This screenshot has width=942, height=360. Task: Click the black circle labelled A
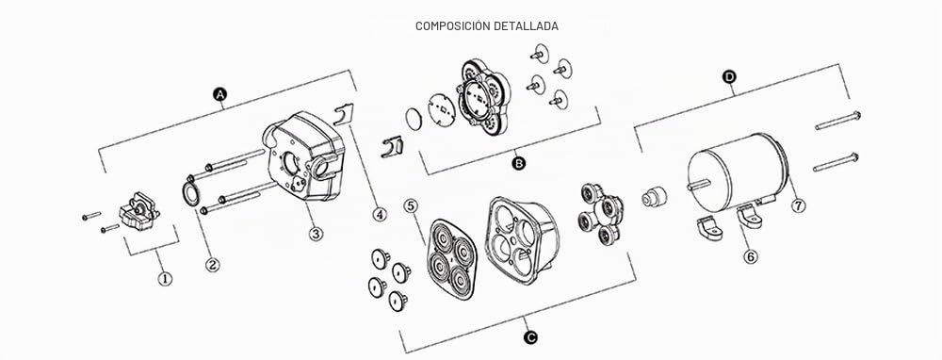point(220,93)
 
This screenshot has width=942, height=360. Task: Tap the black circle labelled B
point(518,162)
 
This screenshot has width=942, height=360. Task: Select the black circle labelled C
point(529,337)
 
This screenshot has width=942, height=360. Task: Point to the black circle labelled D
point(729,76)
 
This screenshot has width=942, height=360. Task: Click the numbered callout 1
point(165,278)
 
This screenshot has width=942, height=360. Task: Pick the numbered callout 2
point(212,265)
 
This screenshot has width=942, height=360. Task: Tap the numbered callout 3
point(316,233)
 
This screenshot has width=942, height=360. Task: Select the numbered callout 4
point(379,213)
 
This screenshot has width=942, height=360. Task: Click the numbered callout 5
point(411,206)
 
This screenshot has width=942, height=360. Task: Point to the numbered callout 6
point(751,256)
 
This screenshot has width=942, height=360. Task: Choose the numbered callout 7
point(798,205)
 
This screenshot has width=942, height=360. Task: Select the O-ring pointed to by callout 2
point(190,193)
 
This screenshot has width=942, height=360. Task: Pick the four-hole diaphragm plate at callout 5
point(451,258)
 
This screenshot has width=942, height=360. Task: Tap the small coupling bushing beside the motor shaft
point(655,196)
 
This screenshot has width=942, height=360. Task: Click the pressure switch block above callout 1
point(139,211)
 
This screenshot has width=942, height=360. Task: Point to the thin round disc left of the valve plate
point(414,119)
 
